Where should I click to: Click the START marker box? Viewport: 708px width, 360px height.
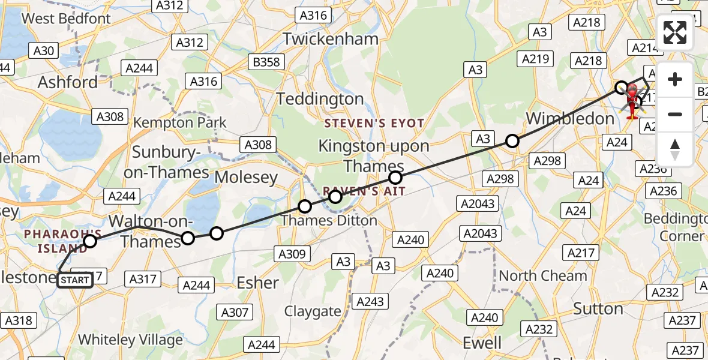pos(75,280)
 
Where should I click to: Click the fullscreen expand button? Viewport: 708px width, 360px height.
pos(675,32)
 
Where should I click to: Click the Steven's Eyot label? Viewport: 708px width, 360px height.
pos(374,124)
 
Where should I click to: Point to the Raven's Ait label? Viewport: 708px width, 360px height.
pos(364,191)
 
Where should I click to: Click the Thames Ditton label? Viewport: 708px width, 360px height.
pos(329,220)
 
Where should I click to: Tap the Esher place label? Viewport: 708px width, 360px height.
pos(258,282)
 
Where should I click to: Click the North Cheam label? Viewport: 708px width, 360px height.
pos(542,276)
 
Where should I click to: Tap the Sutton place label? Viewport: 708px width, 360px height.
pos(598,309)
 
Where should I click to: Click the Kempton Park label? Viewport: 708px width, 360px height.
pos(180,123)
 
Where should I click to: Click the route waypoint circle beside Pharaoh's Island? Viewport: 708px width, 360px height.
pos(90,241)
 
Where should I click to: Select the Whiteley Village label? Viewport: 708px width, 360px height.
pos(130,340)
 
